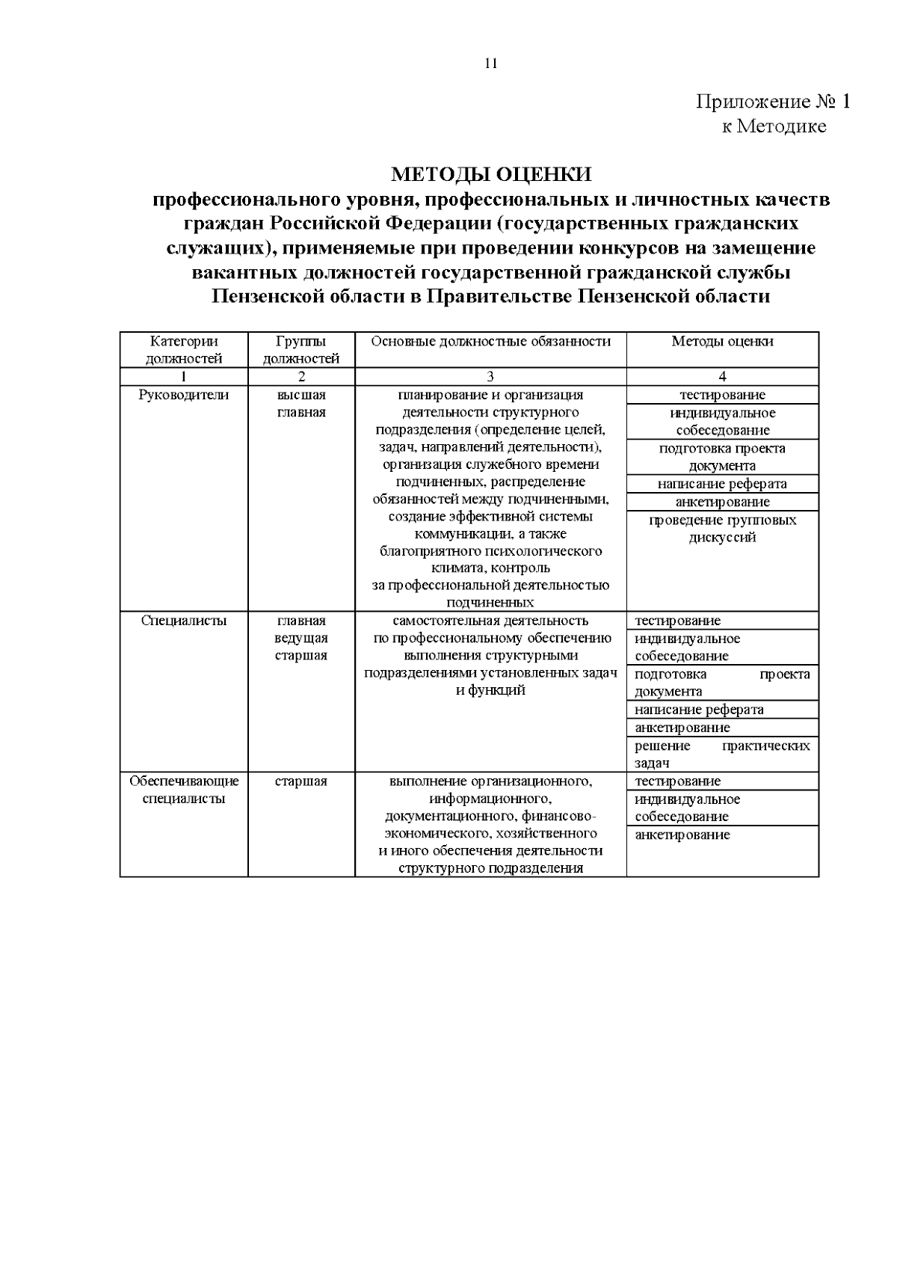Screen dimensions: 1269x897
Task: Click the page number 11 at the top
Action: (x=491, y=64)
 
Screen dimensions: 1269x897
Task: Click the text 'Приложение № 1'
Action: (x=773, y=102)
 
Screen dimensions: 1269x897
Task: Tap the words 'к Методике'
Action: (x=774, y=126)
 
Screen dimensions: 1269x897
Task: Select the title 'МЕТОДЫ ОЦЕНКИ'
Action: (x=491, y=175)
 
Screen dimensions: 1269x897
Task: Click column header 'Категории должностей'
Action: (x=184, y=350)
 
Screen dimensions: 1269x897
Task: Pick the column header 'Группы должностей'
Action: (x=301, y=350)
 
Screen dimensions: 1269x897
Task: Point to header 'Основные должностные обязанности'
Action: (x=490, y=342)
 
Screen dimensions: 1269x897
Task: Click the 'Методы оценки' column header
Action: (x=722, y=342)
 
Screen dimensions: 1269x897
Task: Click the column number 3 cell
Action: (x=490, y=377)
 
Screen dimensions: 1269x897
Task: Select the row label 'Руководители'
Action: (x=184, y=395)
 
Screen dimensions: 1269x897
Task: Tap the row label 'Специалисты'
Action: (x=184, y=621)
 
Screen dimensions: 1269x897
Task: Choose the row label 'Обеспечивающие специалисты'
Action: (x=184, y=790)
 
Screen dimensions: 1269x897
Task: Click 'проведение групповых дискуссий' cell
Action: (x=722, y=529)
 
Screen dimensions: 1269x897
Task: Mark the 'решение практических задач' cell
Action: (x=722, y=755)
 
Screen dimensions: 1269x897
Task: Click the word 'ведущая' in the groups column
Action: (x=301, y=639)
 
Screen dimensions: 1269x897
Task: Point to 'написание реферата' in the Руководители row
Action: (x=722, y=484)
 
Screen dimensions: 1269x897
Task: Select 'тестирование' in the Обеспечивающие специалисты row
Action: (x=678, y=781)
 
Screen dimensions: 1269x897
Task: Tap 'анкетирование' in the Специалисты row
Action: (x=682, y=728)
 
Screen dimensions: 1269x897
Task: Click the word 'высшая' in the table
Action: (x=301, y=395)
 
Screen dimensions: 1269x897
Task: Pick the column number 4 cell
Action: (x=722, y=377)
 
